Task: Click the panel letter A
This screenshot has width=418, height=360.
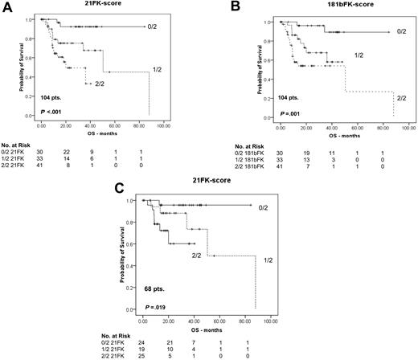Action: [7, 7]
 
